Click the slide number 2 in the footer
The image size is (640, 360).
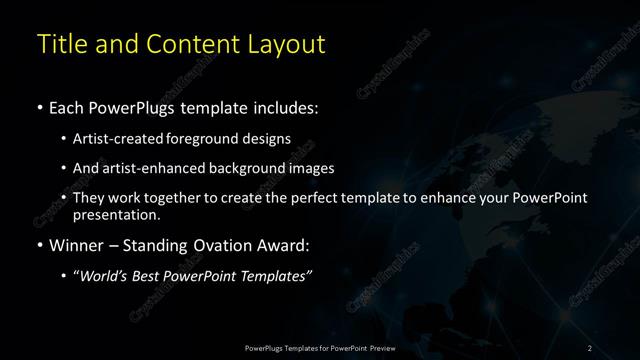click(590, 347)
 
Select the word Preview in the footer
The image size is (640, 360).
click(379, 347)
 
